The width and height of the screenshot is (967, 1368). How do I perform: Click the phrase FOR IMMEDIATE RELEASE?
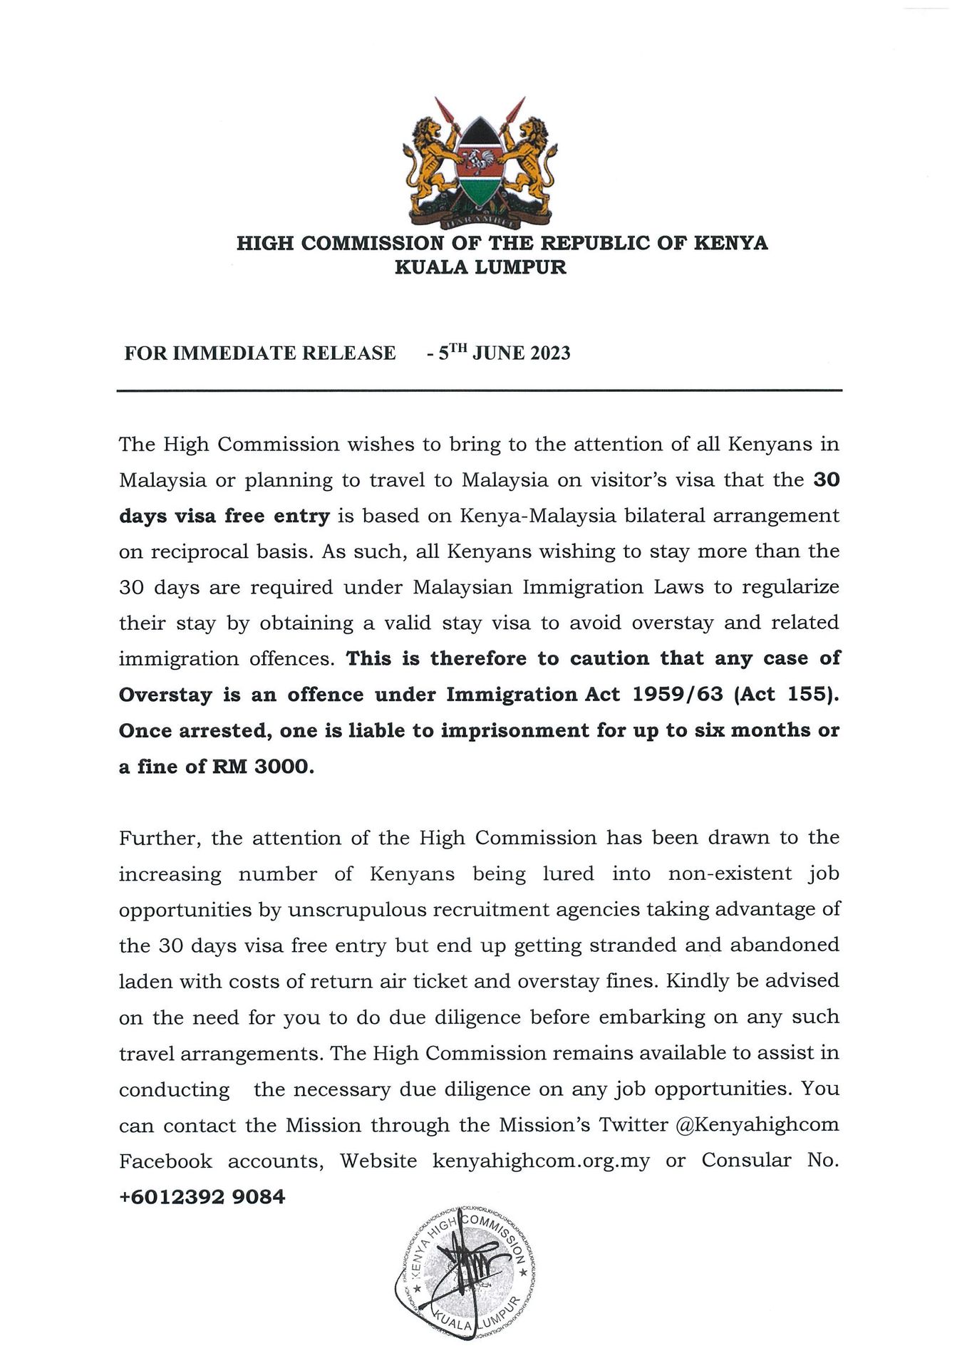pyautogui.click(x=259, y=353)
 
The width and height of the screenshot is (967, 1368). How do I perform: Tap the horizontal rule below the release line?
pyautogui.click(x=480, y=390)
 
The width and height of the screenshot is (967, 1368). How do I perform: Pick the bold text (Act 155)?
pyautogui.click(x=789, y=695)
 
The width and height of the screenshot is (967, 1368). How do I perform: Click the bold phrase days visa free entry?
pyautogui.click(x=224, y=516)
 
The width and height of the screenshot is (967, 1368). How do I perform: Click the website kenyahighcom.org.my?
pyautogui.click(x=541, y=1161)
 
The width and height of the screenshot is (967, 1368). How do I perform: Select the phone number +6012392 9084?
pyautogui.click(x=202, y=1196)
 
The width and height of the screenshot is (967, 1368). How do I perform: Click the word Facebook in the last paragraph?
pyautogui.click(x=165, y=1161)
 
